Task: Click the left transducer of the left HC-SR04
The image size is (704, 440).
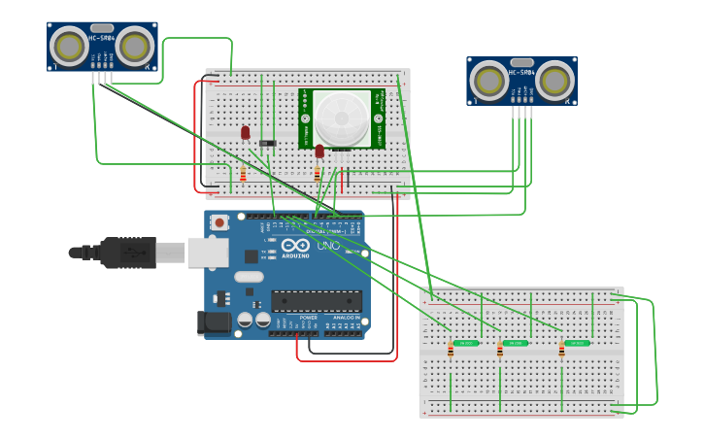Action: click(69, 46)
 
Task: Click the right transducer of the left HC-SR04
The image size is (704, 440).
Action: click(136, 46)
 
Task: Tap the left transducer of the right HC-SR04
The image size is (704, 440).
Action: click(488, 80)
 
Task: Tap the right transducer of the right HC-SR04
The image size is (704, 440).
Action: click(555, 80)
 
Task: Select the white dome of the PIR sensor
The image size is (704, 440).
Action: click(342, 118)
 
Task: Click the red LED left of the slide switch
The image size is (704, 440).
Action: click(245, 131)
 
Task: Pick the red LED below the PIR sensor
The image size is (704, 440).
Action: click(318, 150)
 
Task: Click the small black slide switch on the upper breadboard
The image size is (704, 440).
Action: click(267, 144)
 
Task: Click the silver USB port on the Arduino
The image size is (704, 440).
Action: click(208, 253)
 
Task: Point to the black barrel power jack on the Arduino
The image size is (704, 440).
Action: click(214, 322)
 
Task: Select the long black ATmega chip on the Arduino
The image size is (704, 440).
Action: click(316, 301)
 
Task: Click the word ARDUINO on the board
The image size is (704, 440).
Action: click(294, 255)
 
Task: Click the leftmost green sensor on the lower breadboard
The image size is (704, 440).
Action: click(465, 343)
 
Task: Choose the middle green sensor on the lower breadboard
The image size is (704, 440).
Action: click(516, 343)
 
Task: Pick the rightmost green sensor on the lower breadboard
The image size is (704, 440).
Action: click(577, 343)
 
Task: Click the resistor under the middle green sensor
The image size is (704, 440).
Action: click(500, 351)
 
